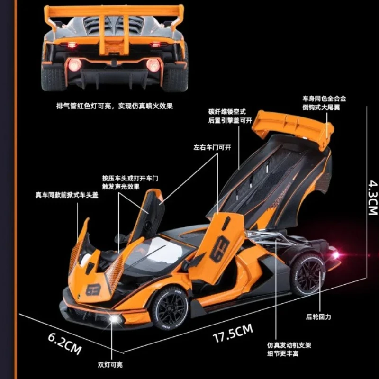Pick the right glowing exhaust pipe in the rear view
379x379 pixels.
tap(153, 64)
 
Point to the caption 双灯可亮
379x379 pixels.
tap(110, 365)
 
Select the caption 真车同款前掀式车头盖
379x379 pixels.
tap(66, 194)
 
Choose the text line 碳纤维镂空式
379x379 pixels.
tap(226, 112)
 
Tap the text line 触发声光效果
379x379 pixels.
tap(120, 186)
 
